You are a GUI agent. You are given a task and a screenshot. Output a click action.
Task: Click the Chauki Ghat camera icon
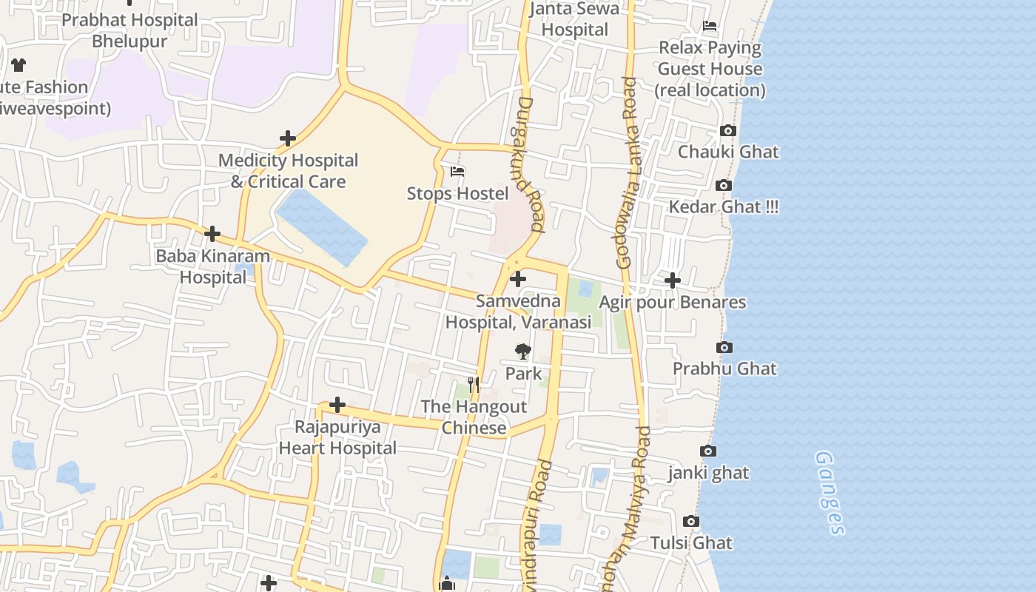click(x=728, y=131)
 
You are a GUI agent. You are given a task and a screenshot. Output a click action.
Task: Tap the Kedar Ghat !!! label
click(x=723, y=206)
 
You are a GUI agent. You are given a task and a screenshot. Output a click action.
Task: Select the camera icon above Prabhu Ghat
click(x=724, y=347)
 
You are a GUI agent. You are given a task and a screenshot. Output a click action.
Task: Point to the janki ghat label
click(x=708, y=473)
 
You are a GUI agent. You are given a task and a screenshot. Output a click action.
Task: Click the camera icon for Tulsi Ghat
click(x=690, y=522)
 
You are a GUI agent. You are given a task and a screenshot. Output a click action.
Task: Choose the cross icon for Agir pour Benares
click(x=672, y=280)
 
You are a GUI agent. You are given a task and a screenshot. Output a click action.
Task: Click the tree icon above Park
click(x=523, y=351)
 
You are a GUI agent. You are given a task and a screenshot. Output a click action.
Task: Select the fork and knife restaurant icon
click(x=474, y=385)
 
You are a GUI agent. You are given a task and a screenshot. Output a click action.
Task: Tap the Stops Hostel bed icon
click(x=457, y=172)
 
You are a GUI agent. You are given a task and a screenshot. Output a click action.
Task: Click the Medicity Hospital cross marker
click(x=288, y=138)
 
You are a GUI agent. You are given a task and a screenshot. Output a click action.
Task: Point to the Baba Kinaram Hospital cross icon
click(x=212, y=234)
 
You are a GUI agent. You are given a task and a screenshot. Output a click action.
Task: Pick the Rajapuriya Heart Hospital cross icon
click(x=337, y=405)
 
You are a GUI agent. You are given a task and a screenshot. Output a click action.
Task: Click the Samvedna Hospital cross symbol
click(x=518, y=279)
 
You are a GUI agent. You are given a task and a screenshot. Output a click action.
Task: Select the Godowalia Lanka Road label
click(x=627, y=172)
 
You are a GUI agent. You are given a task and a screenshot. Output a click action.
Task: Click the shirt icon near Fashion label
click(x=18, y=65)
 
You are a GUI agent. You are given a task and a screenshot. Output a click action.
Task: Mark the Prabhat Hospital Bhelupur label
click(x=129, y=30)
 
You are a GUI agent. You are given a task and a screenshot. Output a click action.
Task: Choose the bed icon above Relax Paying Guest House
click(x=710, y=26)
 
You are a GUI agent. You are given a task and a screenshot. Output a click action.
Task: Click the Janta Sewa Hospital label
click(x=575, y=19)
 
